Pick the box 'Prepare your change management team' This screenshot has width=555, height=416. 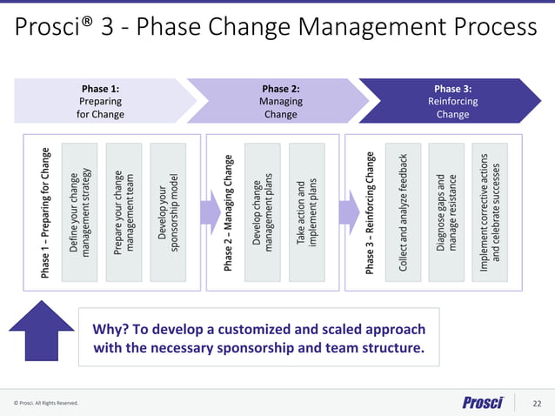point(124,212)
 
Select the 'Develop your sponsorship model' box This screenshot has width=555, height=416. point(168,212)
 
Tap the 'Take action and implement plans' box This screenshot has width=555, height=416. point(306,212)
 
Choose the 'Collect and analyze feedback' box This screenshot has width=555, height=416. point(404,212)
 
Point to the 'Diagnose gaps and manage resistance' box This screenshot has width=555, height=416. point(446,212)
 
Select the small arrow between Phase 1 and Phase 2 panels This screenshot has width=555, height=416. point(209,212)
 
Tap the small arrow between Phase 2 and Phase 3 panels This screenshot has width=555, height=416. point(348,212)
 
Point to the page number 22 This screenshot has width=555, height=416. point(537,403)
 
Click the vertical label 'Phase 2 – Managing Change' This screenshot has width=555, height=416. point(229,212)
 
